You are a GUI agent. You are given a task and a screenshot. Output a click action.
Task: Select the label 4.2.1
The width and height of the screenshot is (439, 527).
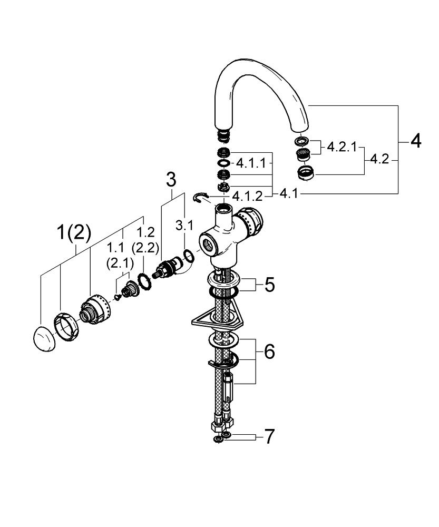pyautogui.click(x=342, y=147)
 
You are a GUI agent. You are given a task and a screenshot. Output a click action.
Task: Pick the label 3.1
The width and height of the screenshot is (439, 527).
pyautogui.click(x=184, y=226)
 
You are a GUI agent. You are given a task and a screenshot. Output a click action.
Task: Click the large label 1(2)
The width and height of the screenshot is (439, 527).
pyautogui.click(x=74, y=233)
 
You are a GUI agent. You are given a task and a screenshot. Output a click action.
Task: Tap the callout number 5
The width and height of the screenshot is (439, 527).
pyautogui.click(x=269, y=285)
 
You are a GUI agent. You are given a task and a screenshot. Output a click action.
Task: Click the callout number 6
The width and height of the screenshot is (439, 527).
pyautogui.click(x=269, y=352)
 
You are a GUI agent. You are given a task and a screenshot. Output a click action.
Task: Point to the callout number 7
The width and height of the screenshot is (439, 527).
pyautogui.click(x=269, y=437)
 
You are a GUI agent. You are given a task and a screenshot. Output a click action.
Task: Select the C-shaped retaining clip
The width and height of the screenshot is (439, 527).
pyautogui.click(x=200, y=197)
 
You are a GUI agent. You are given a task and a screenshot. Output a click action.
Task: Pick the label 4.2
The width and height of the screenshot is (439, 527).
pyautogui.click(x=379, y=159)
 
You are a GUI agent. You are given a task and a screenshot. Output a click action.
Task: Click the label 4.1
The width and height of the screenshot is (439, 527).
pyautogui.click(x=289, y=194)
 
